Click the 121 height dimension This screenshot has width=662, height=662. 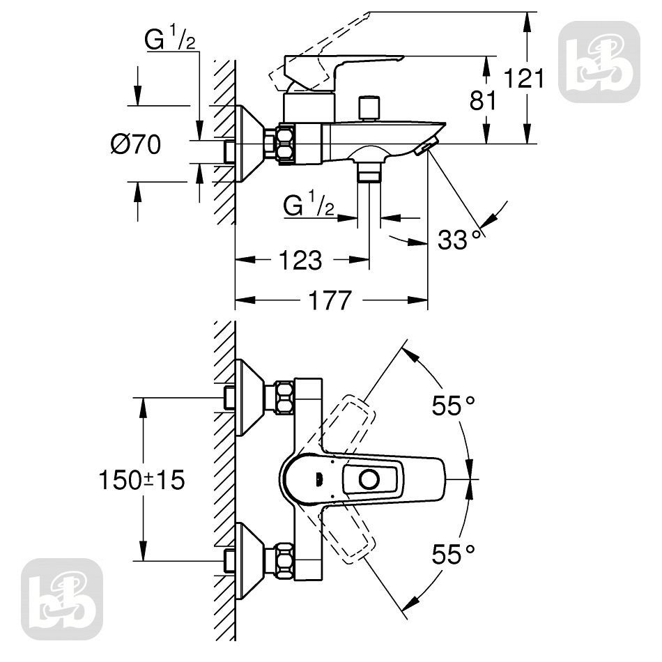pyautogui.click(x=524, y=79)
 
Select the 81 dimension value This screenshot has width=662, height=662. pyautogui.click(x=483, y=101)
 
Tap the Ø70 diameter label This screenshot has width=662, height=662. pyautogui.click(x=136, y=144)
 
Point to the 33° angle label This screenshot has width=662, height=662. pyautogui.click(x=459, y=240)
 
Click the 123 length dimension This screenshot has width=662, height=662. pyautogui.click(x=300, y=260)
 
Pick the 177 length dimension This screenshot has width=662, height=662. pyautogui.click(x=330, y=300)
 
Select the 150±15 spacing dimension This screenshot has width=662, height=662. pyautogui.click(x=142, y=480)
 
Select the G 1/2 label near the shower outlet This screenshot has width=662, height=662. pyautogui.click(x=309, y=206)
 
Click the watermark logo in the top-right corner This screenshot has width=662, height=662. pyautogui.click(x=599, y=61)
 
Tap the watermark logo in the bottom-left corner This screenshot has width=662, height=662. pyautogui.click(x=62, y=599)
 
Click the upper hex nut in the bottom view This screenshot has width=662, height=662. pyautogui.click(x=285, y=398)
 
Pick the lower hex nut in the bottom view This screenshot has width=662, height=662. pyautogui.click(x=285, y=561)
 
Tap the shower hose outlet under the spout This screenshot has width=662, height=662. pyautogui.click(x=369, y=173)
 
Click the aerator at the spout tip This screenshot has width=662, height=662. pyautogui.click(x=426, y=147)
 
